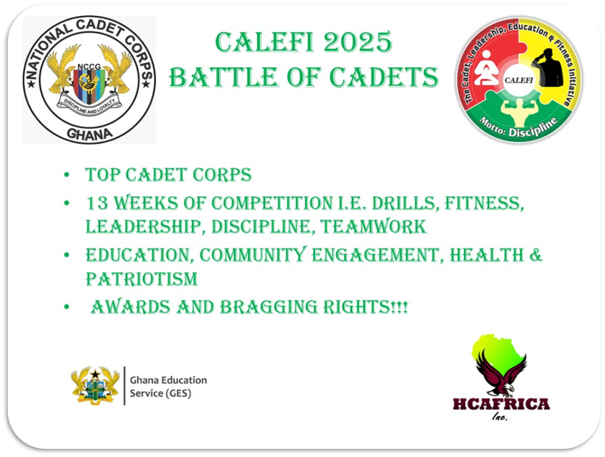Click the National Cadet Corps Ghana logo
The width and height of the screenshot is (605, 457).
89,80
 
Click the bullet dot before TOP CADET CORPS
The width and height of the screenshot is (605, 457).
67,175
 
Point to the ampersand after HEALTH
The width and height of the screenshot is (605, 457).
534,254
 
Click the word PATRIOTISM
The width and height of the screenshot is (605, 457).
142,279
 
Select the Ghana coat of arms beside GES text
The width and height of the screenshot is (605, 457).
95,386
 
